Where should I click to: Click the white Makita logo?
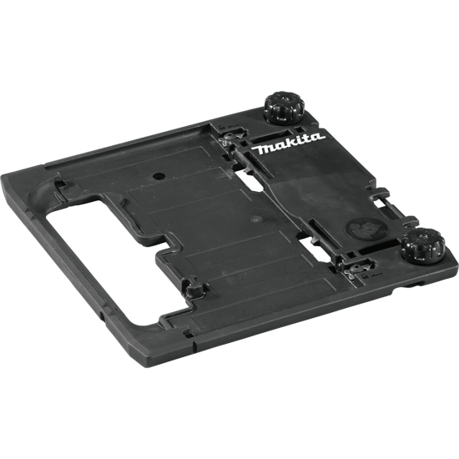(288, 144)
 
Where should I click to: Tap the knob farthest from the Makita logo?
(423, 246)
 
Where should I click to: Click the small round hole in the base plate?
(159, 176)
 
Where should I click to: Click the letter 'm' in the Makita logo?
(265, 149)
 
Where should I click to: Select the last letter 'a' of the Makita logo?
(317, 137)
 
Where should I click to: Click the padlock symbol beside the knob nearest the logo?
(223, 127)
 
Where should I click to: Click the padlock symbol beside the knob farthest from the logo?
(365, 276)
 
